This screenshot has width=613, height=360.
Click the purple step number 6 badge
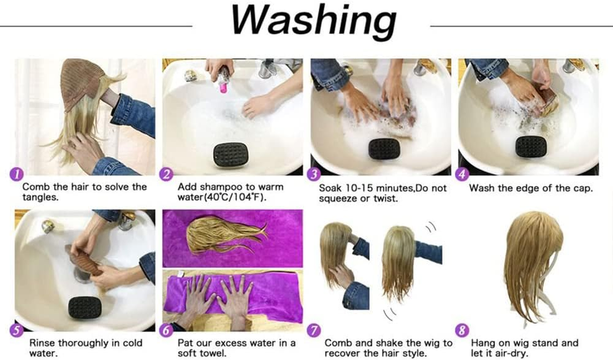pyautogui.click(x=166, y=331)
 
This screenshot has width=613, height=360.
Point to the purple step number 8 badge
pyautogui.click(x=462, y=331)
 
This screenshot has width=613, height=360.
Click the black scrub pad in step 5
pyautogui.click(x=84, y=307)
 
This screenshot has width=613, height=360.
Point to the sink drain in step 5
pyautogui.click(x=82, y=274)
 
